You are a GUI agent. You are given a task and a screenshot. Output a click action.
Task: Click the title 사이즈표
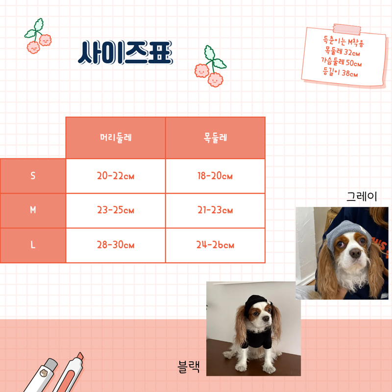125,53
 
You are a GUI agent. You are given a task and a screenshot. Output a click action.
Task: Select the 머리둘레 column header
115,138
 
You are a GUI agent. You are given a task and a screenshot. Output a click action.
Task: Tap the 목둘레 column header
215,138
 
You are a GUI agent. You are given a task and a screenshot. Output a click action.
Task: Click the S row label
33,176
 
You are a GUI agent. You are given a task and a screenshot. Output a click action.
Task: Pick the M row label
33,210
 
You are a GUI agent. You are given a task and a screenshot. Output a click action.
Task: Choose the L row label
33,245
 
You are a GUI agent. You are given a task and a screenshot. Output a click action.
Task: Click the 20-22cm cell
115,176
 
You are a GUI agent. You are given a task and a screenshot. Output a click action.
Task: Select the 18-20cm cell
215,176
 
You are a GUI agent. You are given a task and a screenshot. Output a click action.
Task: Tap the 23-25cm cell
115,210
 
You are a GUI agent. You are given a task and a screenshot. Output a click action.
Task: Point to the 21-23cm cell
215,210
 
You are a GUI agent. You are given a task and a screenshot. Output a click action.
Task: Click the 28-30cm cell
115,245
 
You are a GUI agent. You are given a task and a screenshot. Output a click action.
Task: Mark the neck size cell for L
215,245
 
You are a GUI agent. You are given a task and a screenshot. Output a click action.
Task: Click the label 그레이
362,197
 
